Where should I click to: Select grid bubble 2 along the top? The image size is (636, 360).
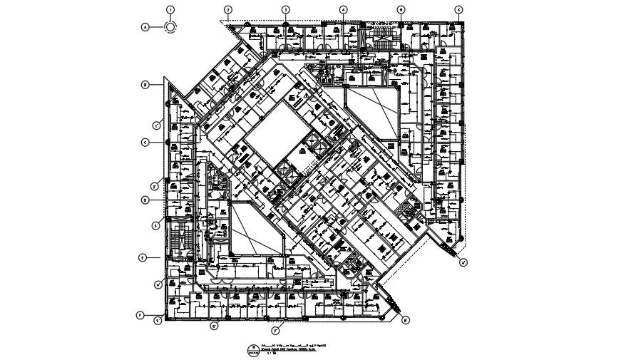coord(228,9)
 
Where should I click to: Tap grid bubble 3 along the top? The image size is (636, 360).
coord(285,9)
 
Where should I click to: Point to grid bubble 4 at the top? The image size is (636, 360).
coord(343,9)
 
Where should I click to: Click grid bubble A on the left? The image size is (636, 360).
coord(145,27)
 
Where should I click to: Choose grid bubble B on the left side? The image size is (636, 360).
coord(145,84)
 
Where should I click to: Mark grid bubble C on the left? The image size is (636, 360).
coord(145,142)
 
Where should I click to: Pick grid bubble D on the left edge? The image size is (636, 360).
coord(145,200)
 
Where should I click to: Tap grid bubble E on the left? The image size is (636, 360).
coord(142,257)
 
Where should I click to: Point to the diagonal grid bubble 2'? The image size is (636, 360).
coord(155,187)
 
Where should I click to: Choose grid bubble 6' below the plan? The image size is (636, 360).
coord(214,327)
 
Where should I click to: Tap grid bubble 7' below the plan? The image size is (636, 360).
coord(275,331)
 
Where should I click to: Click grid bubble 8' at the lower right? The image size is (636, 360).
coord(406,320)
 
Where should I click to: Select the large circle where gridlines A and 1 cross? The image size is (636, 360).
coord(170,27)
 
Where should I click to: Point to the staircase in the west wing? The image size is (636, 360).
coord(179,235)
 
